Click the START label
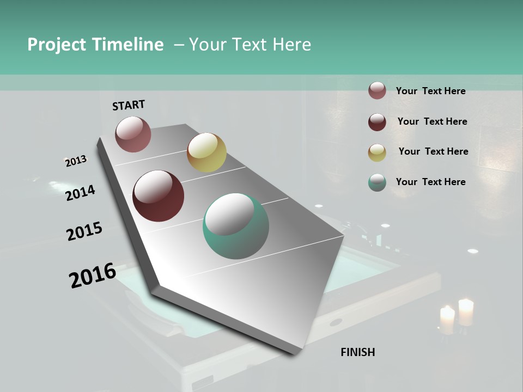(129, 105)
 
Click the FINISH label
(357, 352)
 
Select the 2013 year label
(76, 161)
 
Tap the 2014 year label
(80, 193)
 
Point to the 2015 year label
(84, 231)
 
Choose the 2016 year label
(93, 275)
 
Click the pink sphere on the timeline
(133, 134)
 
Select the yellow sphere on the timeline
(206, 152)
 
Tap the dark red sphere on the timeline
(158, 196)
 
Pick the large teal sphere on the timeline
(235, 226)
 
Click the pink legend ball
(377, 91)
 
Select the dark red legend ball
(377, 122)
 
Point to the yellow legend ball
(377, 152)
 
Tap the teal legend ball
(377, 182)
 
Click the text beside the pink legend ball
(430, 91)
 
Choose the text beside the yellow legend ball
(433, 151)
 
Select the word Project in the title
(57, 45)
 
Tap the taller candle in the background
(466, 312)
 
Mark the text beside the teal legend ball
(430, 182)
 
